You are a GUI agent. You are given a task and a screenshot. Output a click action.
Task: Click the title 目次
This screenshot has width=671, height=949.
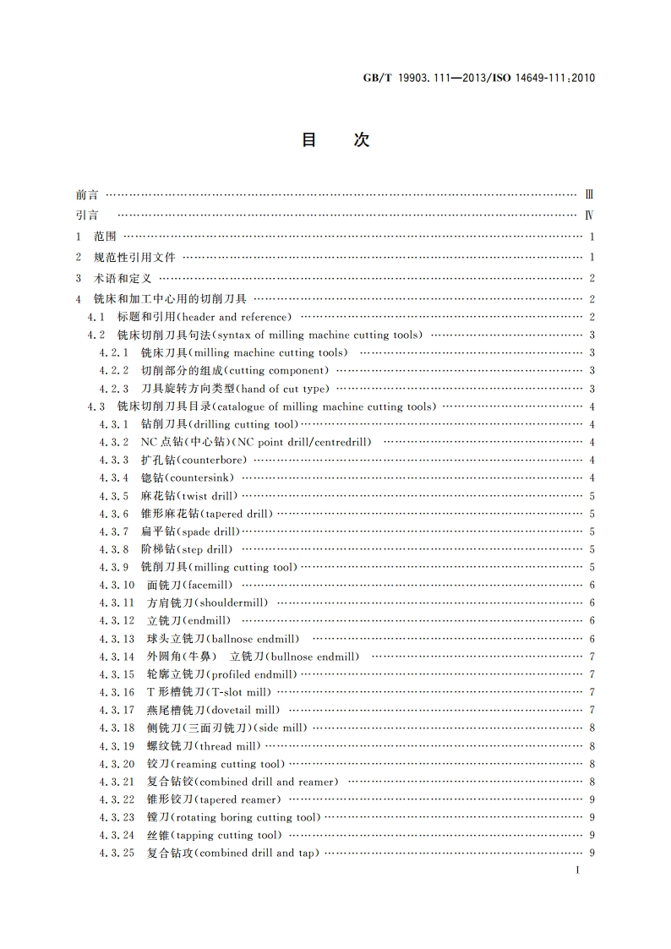[335, 141]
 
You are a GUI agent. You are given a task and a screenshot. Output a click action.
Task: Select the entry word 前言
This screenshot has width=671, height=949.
[86, 194]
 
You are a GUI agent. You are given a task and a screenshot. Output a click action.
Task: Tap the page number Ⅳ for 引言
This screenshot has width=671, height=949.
[589, 215]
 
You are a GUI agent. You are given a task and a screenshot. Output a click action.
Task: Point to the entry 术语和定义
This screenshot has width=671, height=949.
[123, 278]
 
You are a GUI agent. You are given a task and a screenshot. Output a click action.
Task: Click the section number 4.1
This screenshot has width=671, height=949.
[96, 317]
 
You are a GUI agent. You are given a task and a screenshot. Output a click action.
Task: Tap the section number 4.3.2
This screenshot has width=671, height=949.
[113, 442]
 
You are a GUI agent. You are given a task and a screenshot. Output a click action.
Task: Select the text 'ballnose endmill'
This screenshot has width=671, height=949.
[254, 639]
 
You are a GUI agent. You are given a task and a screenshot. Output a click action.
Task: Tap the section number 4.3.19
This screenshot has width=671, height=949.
[117, 746]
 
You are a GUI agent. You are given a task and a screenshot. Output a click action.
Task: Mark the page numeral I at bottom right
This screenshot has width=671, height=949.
[576, 870]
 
